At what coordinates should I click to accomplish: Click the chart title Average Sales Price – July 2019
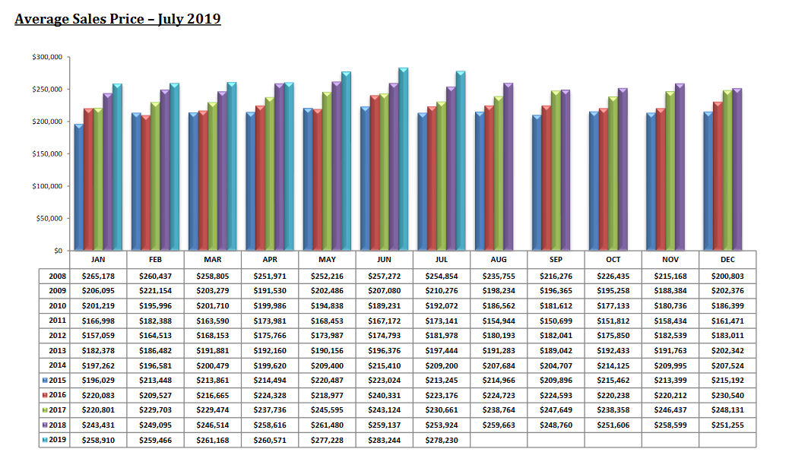click(118, 18)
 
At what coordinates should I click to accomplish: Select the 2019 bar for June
click(403, 160)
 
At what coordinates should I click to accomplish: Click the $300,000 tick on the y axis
click(48, 57)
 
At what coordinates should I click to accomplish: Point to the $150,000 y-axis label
click(48, 154)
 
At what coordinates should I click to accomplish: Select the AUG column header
click(499, 260)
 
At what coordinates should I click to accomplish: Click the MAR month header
click(213, 260)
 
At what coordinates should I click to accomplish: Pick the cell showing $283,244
click(385, 440)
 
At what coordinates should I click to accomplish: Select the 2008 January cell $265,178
click(98, 276)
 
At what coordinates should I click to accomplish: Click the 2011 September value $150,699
click(556, 321)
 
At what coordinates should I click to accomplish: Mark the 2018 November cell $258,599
click(671, 425)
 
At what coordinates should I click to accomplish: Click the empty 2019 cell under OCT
click(613, 440)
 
